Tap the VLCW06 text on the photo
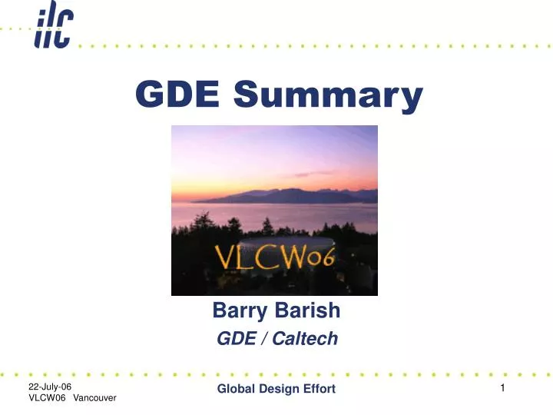coord(274,257)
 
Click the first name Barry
coord(235,311)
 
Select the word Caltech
coord(307,338)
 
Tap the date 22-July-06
coord(49,386)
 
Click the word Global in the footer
coord(238,389)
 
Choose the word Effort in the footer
coord(322,389)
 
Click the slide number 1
coord(502,388)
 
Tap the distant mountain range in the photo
coord(292,194)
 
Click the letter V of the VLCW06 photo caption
coord(224,257)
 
